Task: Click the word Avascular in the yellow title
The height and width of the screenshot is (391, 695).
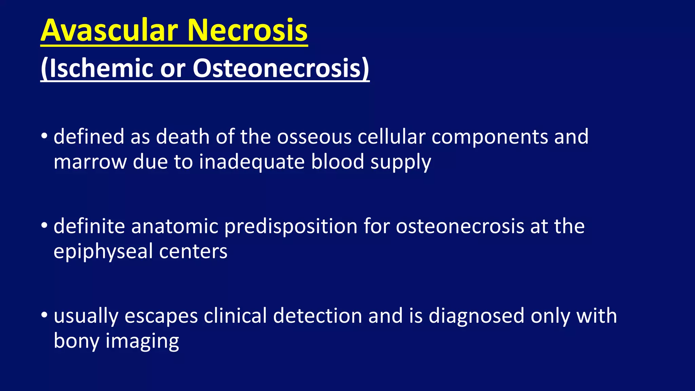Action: point(109,31)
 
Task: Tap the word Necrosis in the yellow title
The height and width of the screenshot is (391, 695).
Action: point(247,31)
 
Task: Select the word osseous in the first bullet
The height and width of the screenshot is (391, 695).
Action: point(314,137)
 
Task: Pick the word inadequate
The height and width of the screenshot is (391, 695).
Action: point(251,162)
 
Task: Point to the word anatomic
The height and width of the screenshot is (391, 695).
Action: point(174,226)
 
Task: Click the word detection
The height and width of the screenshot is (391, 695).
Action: point(318,316)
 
